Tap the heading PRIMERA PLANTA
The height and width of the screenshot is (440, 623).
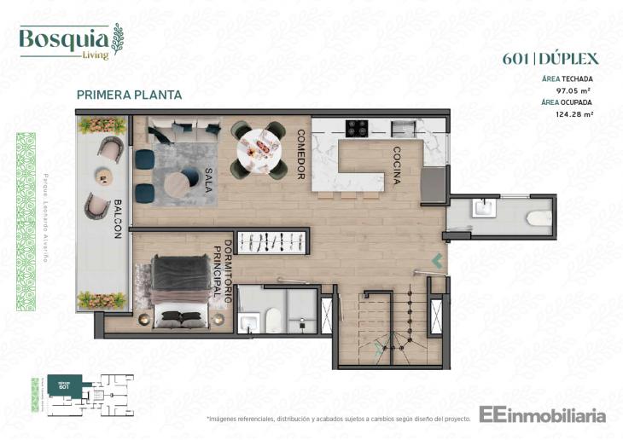click(x=129, y=96)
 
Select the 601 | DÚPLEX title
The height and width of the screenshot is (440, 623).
click(x=550, y=59)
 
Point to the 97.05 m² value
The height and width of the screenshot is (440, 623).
click(x=574, y=90)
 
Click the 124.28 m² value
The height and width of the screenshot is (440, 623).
click(x=574, y=113)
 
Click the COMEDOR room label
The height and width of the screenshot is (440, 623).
click(x=300, y=154)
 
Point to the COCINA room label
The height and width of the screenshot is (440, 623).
click(x=397, y=162)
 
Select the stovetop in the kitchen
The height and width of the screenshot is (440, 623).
click(x=356, y=129)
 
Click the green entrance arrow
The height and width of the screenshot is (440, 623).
click(x=437, y=260)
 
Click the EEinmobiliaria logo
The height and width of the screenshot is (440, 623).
click(x=542, y=415)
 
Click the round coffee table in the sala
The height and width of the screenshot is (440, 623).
click(x=181, y=181)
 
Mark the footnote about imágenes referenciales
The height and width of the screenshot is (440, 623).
click(x=339, y=420)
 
